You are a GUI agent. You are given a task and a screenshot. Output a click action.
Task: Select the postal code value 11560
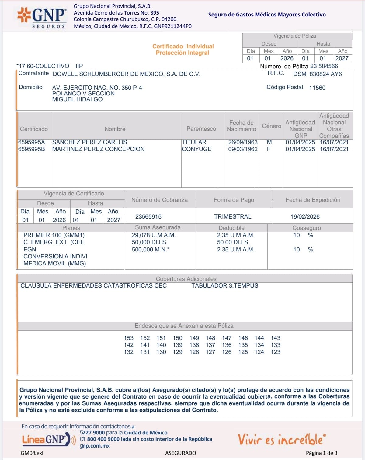click(317, 88)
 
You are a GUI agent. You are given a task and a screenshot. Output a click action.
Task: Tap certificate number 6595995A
click(31, 142)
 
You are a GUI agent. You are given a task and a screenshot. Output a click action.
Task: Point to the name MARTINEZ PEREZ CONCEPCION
click(98, 149)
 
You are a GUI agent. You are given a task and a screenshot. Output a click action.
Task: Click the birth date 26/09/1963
click(243, 142)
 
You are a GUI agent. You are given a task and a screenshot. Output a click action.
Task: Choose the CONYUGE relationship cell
click(196, 149)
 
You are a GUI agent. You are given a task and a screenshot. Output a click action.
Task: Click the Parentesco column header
click(201, 129)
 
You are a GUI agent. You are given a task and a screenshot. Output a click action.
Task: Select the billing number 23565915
click(148, 216)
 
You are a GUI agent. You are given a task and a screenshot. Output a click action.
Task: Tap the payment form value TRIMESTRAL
click(232, 216)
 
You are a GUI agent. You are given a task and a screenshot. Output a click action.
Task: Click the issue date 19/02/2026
click(305, 216)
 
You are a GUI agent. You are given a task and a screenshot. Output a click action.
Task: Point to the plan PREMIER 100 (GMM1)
click(54, 235)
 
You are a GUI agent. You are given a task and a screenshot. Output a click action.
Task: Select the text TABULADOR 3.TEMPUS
click(224, 285)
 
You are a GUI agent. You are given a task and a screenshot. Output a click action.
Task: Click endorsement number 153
click(129, 338)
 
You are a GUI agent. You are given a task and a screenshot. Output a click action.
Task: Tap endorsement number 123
click(276, 352)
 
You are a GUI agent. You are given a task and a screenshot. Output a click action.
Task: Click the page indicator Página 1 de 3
click(322, 453)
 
